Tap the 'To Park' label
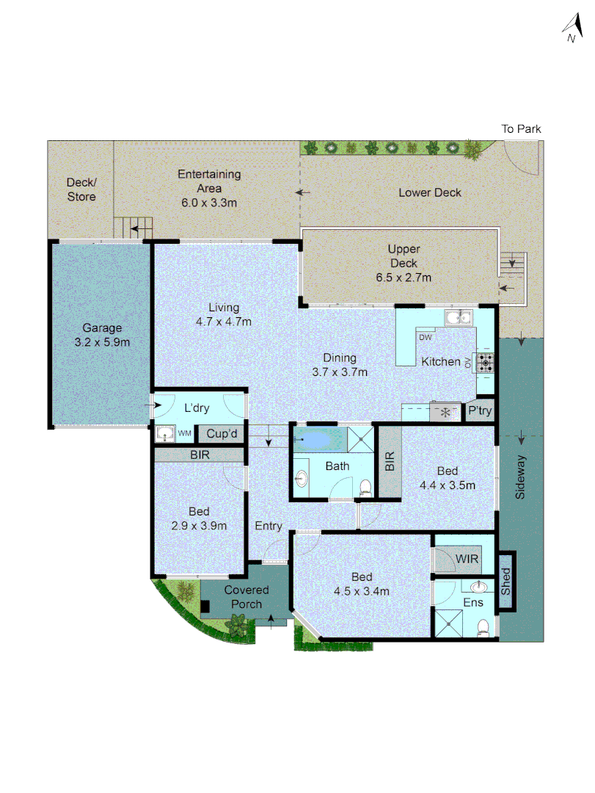point(521,129)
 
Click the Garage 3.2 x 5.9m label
point(102,336)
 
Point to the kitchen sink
point(459,317)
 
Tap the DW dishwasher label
point(425,337)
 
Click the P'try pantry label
point(480,411)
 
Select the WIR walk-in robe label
point(467,559)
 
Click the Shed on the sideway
point(505,581)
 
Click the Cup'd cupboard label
point(221,435)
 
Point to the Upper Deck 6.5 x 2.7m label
point(403,264)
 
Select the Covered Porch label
point(247,597)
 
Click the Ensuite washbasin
point(478,587)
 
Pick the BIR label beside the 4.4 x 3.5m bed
point(390,460)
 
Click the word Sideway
point(520,478)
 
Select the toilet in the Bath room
point(365,485)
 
